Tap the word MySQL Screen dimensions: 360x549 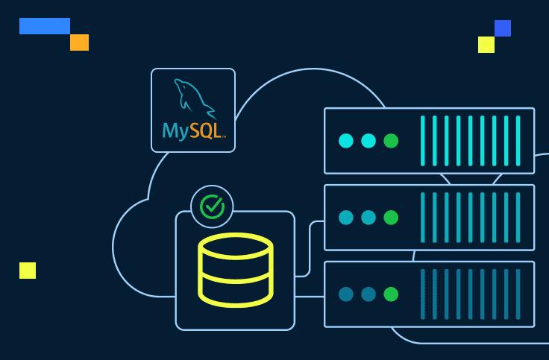click(192, 131)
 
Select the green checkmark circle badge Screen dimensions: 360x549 click(213, 206)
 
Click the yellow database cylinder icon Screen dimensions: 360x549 click(236, 270)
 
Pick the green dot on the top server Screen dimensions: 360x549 click(391, 141)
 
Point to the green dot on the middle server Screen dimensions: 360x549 click(391, 218)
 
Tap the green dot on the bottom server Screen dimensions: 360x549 click(391, 294)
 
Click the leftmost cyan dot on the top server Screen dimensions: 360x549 click(346, 141)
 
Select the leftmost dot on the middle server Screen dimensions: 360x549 click(346, 218)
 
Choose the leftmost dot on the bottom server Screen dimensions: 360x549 click(346, 294)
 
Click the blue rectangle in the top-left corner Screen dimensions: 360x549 click(45, 26)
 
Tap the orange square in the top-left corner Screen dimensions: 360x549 click(79, 42)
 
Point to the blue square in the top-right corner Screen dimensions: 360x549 click(503, 28)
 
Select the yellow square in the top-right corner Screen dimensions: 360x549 click(486, 45)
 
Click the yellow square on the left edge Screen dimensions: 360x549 click(28, 271)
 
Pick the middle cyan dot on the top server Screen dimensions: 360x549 click(368, 141)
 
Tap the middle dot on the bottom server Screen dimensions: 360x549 click(368, 294)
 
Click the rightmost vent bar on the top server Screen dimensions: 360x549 click(518, 141)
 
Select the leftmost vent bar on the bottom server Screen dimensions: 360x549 click(424, 294)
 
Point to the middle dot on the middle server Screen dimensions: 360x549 click(368, 218)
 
